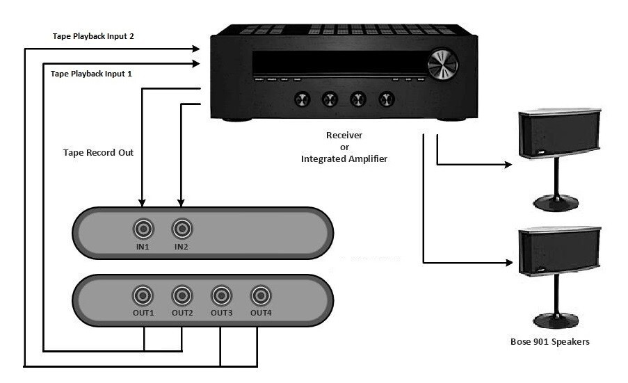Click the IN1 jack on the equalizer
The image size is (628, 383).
143,228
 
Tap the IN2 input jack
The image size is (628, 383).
182,228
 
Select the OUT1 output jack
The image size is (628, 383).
143,296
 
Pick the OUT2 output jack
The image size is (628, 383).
182,296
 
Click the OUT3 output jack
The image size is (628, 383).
221,296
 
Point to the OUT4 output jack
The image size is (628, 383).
260,296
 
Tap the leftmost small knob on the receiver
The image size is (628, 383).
301,100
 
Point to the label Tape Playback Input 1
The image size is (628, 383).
92,73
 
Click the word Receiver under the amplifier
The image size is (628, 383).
345,135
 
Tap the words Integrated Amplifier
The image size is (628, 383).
345,159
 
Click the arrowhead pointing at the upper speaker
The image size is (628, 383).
508,165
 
